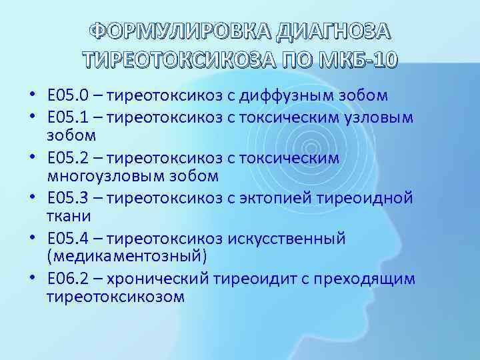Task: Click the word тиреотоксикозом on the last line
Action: tap(115, 297)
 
